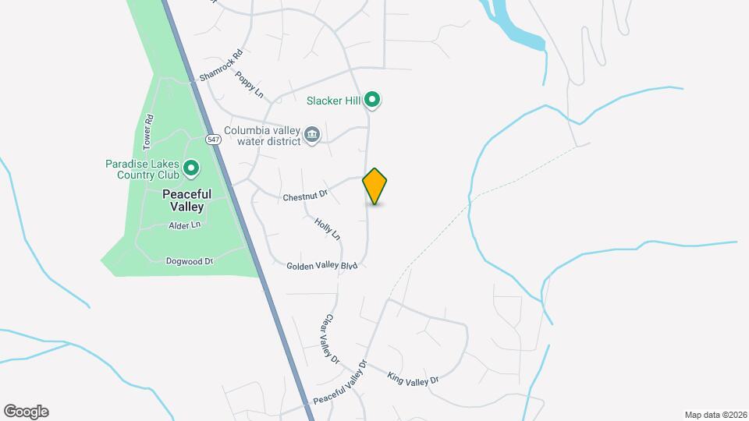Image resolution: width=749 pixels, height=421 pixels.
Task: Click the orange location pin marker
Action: point(375,186)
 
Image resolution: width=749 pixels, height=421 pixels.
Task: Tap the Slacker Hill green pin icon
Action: point(373,99)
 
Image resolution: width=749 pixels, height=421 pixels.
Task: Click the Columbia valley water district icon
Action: point(312,135)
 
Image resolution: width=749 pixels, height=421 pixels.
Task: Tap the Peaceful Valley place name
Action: point(183,200)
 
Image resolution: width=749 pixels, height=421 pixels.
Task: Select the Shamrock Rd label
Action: point(222,66)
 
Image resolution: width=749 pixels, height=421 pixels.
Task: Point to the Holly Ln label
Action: point(328,228)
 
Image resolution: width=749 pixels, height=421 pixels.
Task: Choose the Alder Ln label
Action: point(185,225)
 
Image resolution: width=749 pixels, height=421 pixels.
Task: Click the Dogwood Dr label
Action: point(190,261)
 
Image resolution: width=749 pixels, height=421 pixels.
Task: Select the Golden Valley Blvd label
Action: point(321,266)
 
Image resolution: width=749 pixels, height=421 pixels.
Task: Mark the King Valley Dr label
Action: point(414,378)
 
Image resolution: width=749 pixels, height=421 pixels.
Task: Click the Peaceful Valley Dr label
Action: point(339,382)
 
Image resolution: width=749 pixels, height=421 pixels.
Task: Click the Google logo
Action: point(26,412)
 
